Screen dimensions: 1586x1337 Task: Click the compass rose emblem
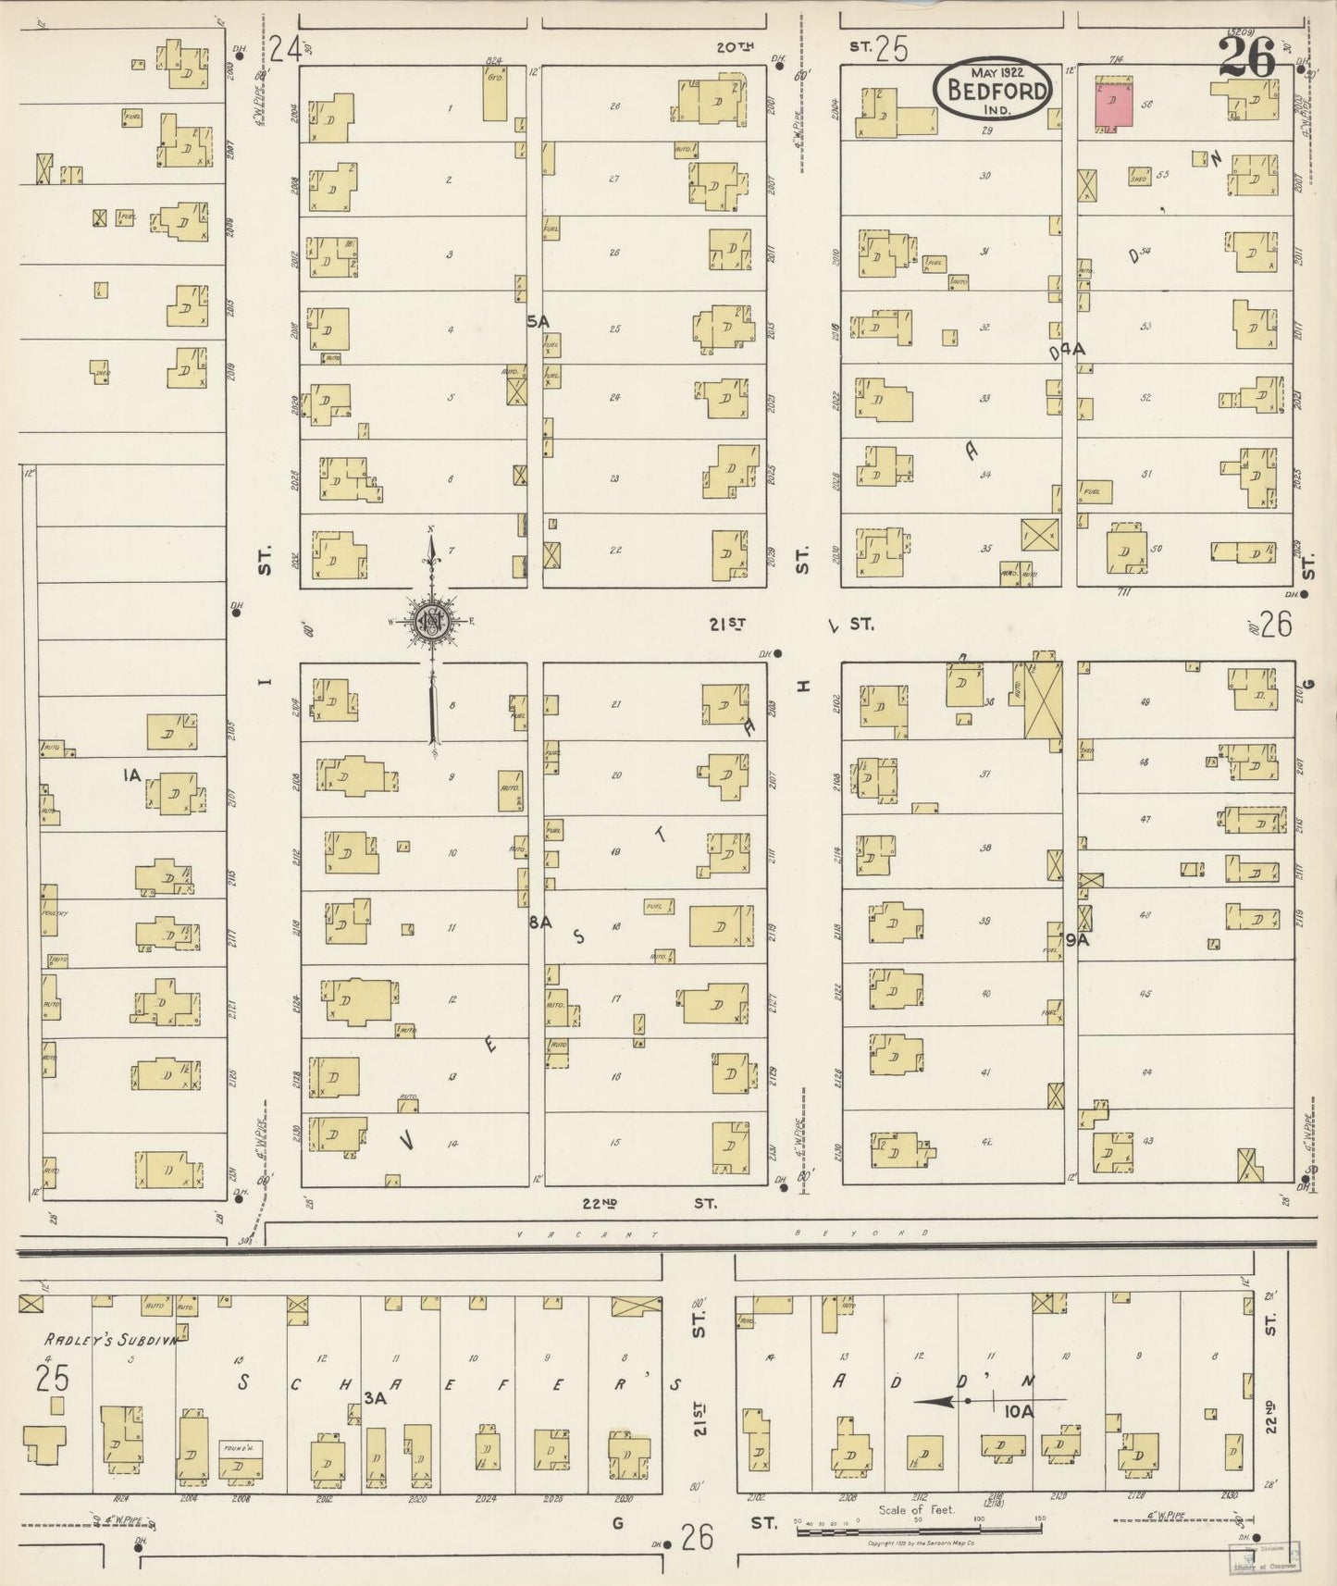point(431,621)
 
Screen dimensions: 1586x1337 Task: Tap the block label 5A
point(538,320)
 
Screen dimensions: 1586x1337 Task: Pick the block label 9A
point(1075,940)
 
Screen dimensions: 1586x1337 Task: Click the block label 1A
point(131,775)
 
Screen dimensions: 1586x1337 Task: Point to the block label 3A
point(374,1398)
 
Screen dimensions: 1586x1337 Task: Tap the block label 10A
point(1018,1412)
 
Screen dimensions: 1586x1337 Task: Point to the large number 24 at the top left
point(286,48)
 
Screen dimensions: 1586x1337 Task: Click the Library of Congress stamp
point(1264,1556)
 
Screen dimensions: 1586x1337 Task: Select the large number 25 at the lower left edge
point(53,1379)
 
